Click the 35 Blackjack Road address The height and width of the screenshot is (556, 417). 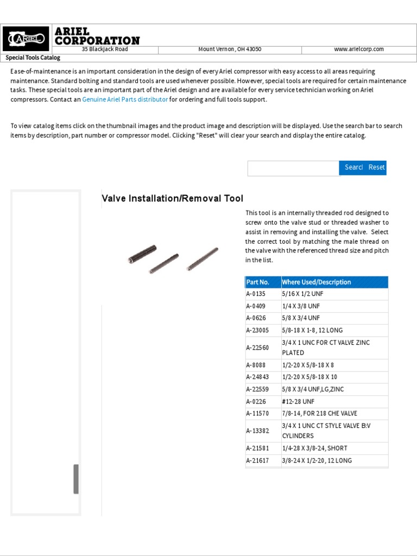coord(105,49)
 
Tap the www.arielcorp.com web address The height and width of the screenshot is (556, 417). coord(358,49)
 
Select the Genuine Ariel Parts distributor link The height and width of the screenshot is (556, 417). coord(125,100)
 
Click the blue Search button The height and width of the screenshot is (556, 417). coord(353,168)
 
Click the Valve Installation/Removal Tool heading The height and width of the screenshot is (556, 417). coord(173,199)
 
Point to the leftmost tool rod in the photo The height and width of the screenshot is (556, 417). coord(143,254)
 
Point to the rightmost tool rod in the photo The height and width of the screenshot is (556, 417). coord(203,259)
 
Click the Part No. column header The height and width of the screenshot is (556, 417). coord(258,282)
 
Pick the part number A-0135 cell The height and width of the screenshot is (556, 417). coord(256,294)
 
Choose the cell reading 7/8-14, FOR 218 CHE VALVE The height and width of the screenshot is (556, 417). coord(319,414)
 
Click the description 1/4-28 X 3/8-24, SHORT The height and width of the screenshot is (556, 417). coord(314,448)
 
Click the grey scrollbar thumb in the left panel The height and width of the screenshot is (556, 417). coord(76,479)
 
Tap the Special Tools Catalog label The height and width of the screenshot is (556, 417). coord(33,58)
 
